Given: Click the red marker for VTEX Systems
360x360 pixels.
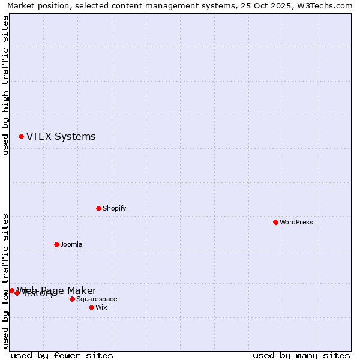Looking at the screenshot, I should (21, 137).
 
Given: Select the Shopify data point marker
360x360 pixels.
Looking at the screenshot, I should (98, 208).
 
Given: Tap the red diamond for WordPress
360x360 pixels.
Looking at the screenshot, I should (275, 222).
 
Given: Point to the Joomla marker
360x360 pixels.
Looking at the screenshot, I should (56, 244).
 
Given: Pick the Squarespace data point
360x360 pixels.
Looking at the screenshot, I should (72, 299).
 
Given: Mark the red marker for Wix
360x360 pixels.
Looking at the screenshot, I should (91, 307).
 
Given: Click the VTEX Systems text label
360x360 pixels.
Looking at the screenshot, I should (61, 137).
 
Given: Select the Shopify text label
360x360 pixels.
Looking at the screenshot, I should (114, 209).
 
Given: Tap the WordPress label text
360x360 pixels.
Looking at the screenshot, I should (296, 223).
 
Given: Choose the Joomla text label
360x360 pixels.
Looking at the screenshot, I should (71, 245).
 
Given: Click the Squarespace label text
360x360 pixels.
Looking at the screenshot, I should (97, 299).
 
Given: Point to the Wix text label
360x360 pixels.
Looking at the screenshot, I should (101, 308).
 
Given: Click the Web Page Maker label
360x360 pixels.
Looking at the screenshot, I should (57, 290).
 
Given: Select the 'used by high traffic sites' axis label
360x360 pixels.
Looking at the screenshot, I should (5, 85).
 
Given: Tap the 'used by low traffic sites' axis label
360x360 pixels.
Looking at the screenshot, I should (5, 280).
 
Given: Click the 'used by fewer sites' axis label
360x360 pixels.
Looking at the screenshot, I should (62, 355).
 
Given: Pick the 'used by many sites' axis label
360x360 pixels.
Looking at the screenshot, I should (301, 355).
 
